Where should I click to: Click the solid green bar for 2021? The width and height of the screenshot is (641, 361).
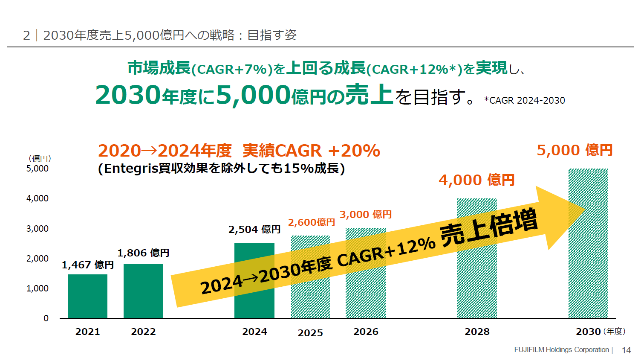[87, 296]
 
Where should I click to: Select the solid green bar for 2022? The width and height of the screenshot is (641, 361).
[143, 291]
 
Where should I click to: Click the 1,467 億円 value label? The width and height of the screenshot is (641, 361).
[88, 265]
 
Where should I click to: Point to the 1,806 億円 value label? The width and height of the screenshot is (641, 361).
[143, 253]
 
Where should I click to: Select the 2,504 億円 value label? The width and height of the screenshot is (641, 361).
[254, 230]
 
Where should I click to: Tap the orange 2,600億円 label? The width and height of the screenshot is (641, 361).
[311, 222]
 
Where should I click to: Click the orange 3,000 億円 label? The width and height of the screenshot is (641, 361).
[365, 215]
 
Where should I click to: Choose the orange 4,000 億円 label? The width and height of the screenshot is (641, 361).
[476, 180]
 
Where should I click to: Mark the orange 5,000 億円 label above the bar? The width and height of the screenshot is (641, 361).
[574, 150]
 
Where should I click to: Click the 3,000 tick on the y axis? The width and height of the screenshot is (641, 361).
[38, 229]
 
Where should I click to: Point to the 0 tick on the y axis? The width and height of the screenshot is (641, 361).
[46, 318]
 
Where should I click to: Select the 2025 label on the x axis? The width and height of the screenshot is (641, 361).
[310, 333]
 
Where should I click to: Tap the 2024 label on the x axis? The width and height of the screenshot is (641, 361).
[254, 332]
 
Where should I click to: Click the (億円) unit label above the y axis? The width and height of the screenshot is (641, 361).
[40, 158]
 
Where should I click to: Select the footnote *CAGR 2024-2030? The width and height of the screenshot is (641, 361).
[524, 101]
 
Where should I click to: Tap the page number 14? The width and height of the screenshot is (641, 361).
[626, 350]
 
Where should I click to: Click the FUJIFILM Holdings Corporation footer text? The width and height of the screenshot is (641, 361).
[561, 350]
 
